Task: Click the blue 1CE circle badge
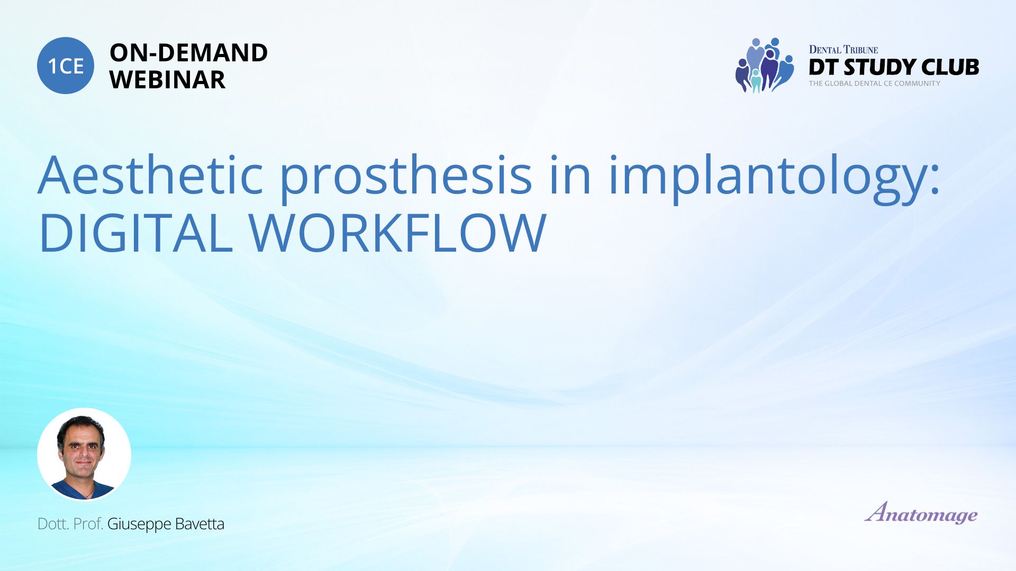(x=66, y=66)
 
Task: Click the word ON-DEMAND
(x=188, y=53)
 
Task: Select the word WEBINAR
(x=167, y=80)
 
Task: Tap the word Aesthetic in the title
(x=150, y=175)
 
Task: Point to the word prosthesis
(x=405, y=179)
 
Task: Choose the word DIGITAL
(x=135, y=233)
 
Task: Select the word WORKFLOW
(x=397, y=233)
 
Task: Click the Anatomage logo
(x=921, y=512)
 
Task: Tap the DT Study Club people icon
(x=765, y=66)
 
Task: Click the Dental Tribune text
(x=843, y=50)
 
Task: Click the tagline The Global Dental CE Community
(x=875, y=84)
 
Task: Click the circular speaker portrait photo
(x=84, y=454)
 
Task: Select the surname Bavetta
(x=199, y=524)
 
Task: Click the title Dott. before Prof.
(x=53, y=524)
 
